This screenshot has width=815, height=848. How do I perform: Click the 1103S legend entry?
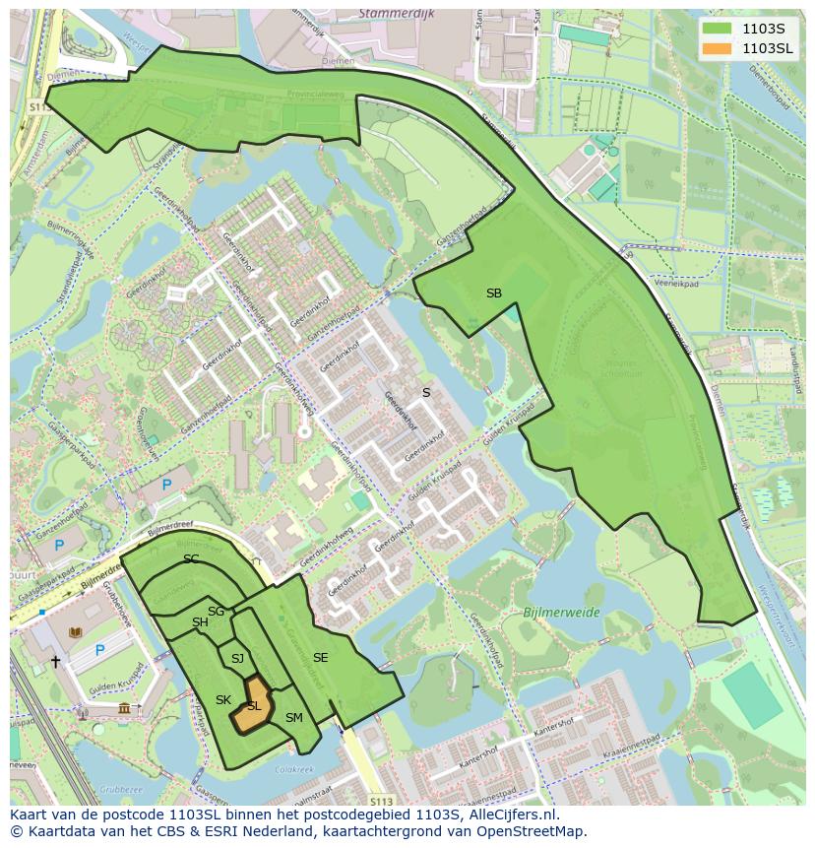click(763, 29)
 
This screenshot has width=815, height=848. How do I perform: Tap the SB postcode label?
click(494, 294)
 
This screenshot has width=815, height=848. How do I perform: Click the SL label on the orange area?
click(254, 706)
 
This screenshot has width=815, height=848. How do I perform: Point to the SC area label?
click(191, 559)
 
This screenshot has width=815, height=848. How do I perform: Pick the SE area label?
click(321, 658)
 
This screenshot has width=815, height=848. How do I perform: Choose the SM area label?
click(293, 718)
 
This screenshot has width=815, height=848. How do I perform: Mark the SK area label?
click(223, 700)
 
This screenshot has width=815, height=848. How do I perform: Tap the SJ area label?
click(237, 658)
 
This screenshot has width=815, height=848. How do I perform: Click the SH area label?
click(200, 622)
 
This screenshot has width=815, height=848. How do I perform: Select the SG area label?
click(216, 612)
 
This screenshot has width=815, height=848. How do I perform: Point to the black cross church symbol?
click(56, 663)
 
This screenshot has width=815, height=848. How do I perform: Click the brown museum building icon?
click(124, 709)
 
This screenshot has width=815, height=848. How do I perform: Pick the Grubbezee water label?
click(121, 788)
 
